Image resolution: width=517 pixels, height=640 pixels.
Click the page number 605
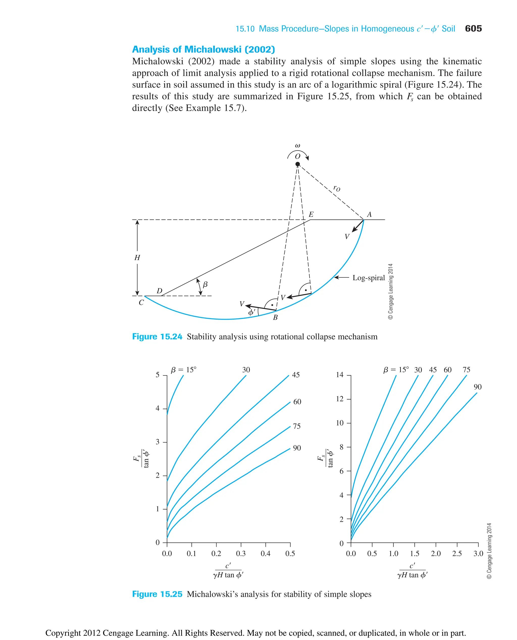tap(473, 29)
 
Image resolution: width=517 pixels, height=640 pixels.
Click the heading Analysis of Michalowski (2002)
tap(203, 49)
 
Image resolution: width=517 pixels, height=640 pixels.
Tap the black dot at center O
tap(298, 164)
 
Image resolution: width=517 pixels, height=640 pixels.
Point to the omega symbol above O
tap(297, 146)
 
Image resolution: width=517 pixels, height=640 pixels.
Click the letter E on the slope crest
tap(311, 214)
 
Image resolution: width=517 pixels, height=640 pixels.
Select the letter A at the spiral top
tap(369, 214)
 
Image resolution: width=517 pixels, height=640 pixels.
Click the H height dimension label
tap(137, 257)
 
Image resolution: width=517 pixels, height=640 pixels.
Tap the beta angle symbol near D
tap(205, 285)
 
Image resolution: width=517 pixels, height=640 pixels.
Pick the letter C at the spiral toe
tap(141, 302)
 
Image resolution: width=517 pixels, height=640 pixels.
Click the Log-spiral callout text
tap(368, 278)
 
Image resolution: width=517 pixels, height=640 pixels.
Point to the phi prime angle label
tap(252, 312)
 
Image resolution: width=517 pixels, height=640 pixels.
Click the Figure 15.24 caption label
tap(157, 337)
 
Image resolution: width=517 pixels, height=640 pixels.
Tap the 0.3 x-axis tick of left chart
tap(241, 554)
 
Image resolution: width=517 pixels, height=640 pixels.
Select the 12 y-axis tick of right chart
tap(340, 399)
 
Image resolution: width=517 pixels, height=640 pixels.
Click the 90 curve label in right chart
tap(477, 387)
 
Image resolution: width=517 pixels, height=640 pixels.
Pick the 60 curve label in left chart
tap(297, 402)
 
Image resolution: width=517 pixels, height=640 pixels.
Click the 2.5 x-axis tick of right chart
tap(457, 554)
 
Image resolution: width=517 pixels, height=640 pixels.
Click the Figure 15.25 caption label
tap(157, 594)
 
